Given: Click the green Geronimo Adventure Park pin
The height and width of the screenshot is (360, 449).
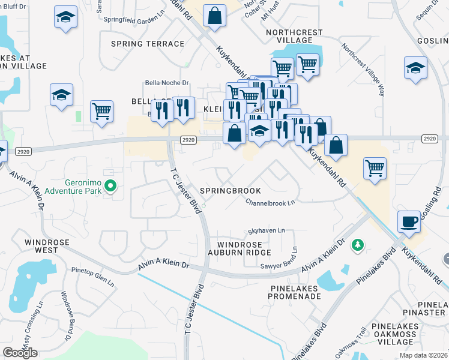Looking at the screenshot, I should coord(110,187).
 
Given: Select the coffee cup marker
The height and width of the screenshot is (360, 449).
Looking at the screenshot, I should coord(409,221).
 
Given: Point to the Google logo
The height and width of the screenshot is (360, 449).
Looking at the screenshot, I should coord(20,353).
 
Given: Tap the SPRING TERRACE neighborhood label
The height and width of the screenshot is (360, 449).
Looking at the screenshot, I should coord(148,44).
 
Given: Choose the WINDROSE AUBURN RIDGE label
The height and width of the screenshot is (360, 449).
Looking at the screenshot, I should coord(244,249).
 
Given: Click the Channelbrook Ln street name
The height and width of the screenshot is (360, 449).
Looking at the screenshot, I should coord(270,202).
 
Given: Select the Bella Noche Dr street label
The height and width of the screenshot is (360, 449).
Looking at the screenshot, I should coord(167,83).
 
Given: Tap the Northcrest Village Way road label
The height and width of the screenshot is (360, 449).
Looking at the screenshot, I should coord(363,70).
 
